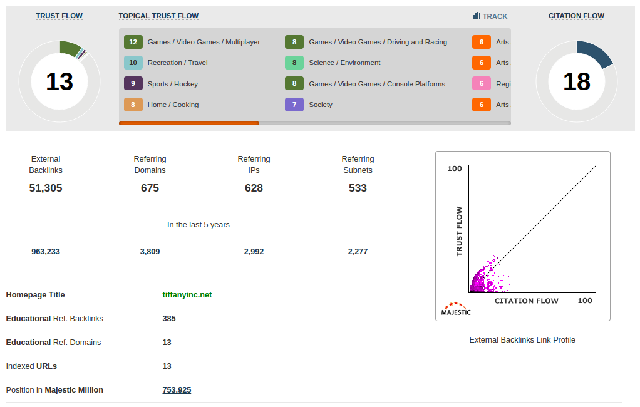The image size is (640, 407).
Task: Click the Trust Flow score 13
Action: point(59,81)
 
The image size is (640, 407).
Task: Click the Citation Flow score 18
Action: point(577,81)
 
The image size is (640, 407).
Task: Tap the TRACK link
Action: point(491,16)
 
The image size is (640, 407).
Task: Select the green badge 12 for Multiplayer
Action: point(133,42)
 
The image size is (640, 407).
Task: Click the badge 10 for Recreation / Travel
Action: point(133,63)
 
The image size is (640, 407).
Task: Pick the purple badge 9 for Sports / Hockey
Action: point(133,84)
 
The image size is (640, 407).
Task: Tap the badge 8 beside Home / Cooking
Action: point(133,105)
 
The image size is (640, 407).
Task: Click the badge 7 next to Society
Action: point(294,105)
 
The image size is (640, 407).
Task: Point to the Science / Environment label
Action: point(344,63)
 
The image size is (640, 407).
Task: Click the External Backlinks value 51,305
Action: point(46,188)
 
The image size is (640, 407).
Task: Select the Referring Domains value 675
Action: point(150,188)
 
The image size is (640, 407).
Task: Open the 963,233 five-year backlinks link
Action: point(46,252)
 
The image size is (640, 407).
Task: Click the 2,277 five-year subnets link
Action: point(358,252)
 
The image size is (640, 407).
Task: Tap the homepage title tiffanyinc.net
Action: point(187,295)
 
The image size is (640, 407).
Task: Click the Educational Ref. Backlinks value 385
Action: point(169,319)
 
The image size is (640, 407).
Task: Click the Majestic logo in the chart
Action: point(456,309)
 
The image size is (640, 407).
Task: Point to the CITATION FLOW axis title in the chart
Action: point(527,301)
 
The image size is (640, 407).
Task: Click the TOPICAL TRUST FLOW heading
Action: point(158,16)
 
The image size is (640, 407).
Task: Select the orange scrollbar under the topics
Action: point(189,123)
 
